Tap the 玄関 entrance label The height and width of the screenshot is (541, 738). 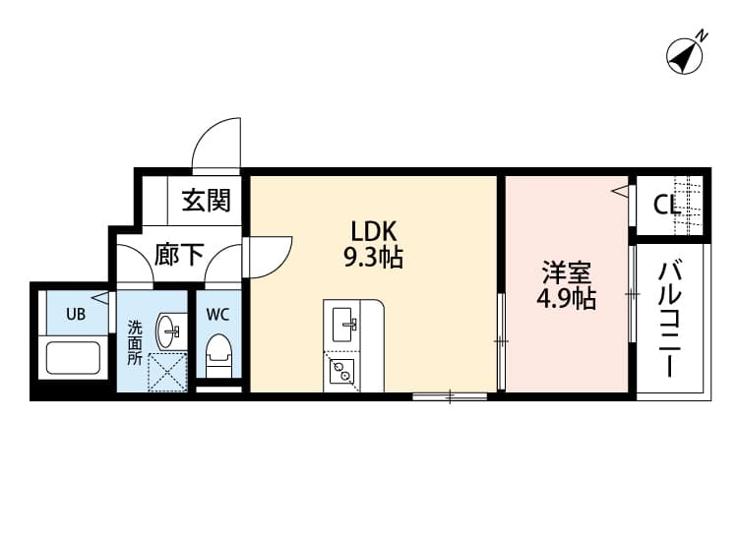pyautogui.click(x=206, y=202)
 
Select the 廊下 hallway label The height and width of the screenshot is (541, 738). pyautogui.click(x=179, y=256)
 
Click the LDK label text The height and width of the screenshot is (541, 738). pyautogui.click(x=373, y=232)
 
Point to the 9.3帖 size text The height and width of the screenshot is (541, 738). pyautogui.click(x=373, y=259)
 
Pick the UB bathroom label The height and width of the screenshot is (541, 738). pyautogui.click(x=75, y=315)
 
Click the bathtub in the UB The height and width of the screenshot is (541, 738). pyautogui.click(x=74, y=356)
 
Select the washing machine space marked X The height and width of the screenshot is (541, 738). pyautogui.click(x=165, y=372)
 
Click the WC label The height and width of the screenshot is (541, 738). pyautogui.click(x=217, y=315)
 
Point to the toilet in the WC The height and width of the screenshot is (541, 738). pyautogui.click(x=217, y=354)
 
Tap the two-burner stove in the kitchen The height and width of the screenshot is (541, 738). pyautogui.click(x=342, y=371)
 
